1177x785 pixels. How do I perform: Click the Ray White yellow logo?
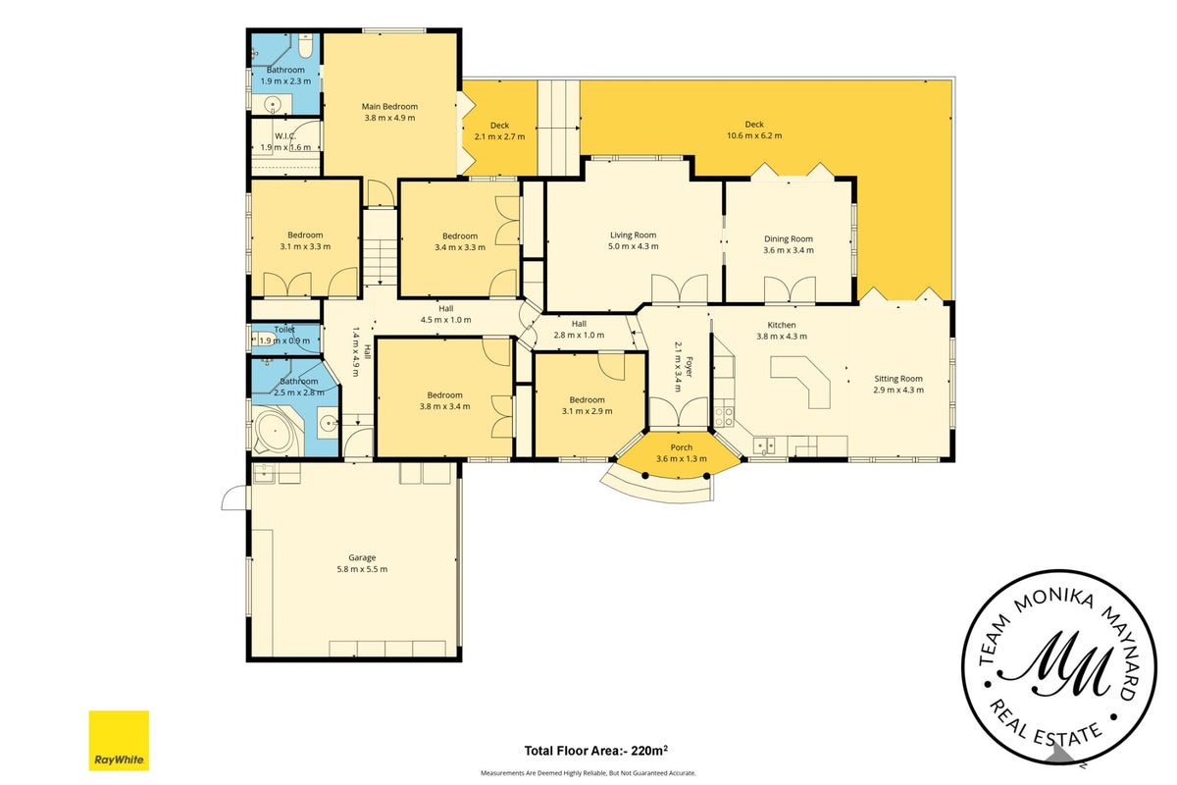coord(119,740)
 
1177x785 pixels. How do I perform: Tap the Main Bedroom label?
coord(390,106)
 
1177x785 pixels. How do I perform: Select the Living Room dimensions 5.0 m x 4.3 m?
coord(634,246)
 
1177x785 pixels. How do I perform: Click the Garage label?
coord(362,557)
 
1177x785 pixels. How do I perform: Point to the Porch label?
coord(682,447)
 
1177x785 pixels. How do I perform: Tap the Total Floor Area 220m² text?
coord(596,751)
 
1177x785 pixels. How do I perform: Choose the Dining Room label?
coord(789,238)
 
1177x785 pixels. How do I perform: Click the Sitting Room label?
coord(898,379)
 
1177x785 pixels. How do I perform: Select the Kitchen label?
coord(782,325)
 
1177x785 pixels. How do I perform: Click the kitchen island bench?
coord(802,380)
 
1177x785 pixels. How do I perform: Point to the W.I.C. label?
coord(285,136)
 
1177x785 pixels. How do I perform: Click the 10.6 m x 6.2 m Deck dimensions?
coord(754,135)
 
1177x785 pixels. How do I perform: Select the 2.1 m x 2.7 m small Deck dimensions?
coord(499,136)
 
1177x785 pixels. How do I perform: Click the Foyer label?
coord(690,367)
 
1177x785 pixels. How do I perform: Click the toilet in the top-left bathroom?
coord(306,46)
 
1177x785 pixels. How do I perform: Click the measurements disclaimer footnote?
coord(588,773)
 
